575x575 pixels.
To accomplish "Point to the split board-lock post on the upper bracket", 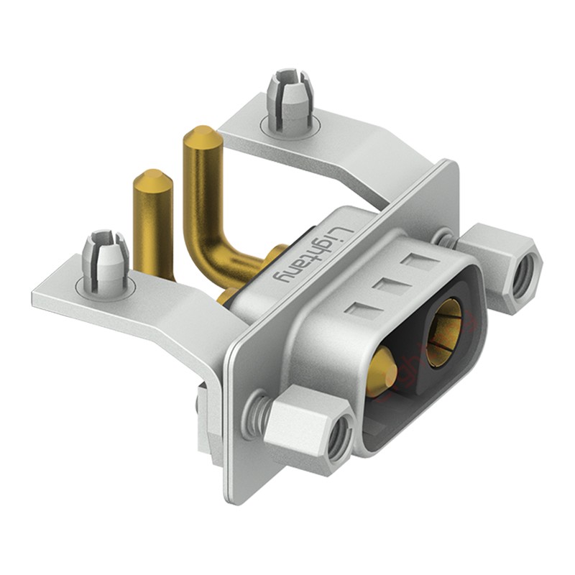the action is click(290, 98).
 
